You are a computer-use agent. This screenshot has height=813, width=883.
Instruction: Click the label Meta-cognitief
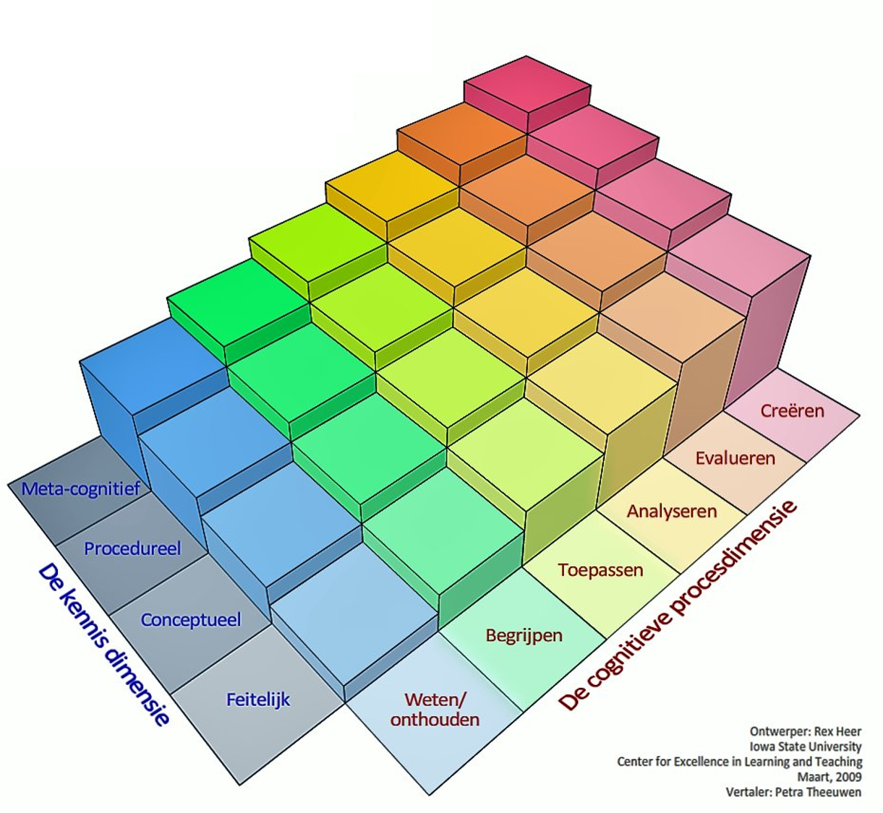click(x=81, y=489)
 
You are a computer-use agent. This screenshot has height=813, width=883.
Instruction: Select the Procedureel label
click(x=132, y=549)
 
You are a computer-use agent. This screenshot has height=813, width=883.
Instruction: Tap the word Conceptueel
click(x=191, y=620)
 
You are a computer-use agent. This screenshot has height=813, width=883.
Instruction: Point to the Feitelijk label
click(x=258, y=700)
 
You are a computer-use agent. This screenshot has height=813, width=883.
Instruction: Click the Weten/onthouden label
click(x=435, y=710)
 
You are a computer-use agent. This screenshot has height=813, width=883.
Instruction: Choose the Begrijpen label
click(x=524, y=636)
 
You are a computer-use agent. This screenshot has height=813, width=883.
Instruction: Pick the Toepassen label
click(x=600, y=570)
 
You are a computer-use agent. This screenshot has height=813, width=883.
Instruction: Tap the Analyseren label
click(x=672, y=512)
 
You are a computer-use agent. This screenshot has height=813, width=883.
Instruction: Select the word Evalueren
click(x=735, y=458)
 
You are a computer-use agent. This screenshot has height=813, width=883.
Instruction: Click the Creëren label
click(x=792, y=411)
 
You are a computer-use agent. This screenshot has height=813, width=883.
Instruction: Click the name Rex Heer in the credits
click(x=837, y=731)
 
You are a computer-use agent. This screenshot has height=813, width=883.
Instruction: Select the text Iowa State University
click(x=805, y=747)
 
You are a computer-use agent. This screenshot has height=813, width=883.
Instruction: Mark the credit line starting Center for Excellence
click(x=739, y=762)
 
